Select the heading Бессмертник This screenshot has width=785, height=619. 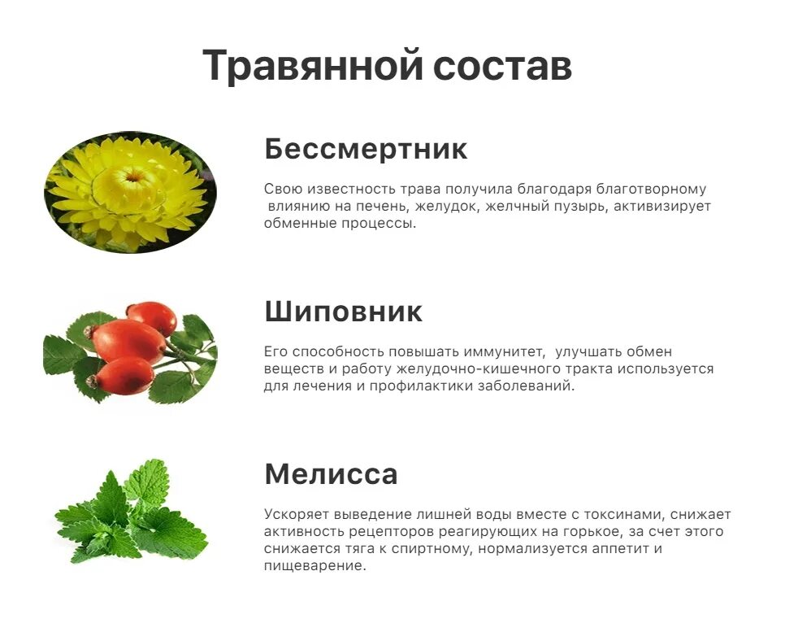click(x=366, y=150)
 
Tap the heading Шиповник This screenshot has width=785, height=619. click(x=344, y=312)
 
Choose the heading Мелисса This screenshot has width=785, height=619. click(x=331, y=473)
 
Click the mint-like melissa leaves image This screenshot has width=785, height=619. click(x=130, y=512)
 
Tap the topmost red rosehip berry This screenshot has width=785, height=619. click(x=151, y=317)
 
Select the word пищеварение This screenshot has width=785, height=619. click(x=314, y=566)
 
